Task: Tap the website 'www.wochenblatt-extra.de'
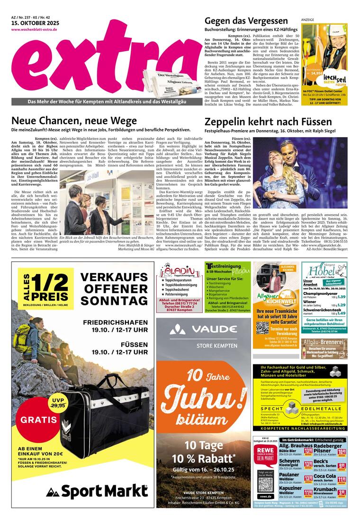click(x=34, y=30)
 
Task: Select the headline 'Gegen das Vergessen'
click(x=246, y=21)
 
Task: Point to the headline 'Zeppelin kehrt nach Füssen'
click(x=268, y=121)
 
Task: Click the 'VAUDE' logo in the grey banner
click(x=205, y=329)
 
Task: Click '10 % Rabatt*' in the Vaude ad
click(x=204, y=459)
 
